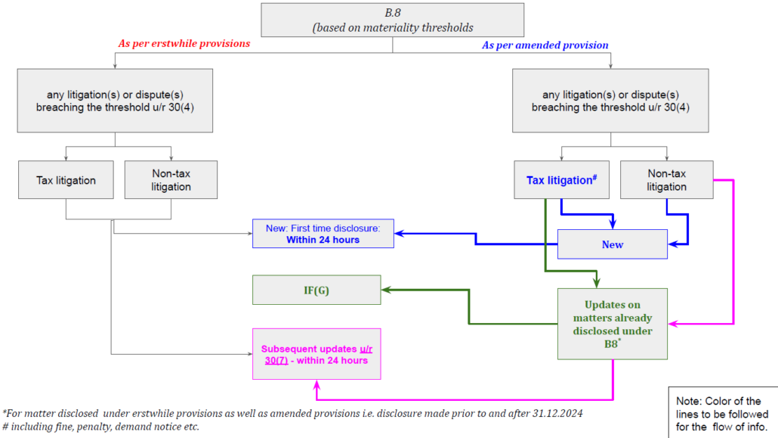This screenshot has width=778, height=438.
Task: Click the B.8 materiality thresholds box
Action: (392, 20)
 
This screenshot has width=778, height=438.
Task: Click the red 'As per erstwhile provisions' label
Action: (184, 43)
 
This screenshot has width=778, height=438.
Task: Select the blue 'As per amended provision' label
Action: (545, 45)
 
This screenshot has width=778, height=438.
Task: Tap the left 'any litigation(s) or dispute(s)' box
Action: (115, 101)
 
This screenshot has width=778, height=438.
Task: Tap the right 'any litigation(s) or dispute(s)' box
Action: (610, 101)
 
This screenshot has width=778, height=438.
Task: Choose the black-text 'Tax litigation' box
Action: (66, 180)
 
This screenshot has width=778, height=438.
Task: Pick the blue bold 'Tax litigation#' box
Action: (562, 180)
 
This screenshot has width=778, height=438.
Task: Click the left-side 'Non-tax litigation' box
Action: (171, 180)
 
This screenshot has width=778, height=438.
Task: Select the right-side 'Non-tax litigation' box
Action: (666, 180)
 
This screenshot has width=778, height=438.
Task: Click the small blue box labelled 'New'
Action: (613, 244)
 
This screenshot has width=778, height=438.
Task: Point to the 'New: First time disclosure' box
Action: (323, 234)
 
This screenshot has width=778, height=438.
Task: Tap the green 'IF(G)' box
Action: (316, 290)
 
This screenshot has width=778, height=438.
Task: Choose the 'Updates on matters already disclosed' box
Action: (613, 323)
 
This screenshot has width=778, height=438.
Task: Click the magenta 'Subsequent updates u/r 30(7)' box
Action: (316, 353)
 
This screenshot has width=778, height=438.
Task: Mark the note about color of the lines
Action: (722, 413)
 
